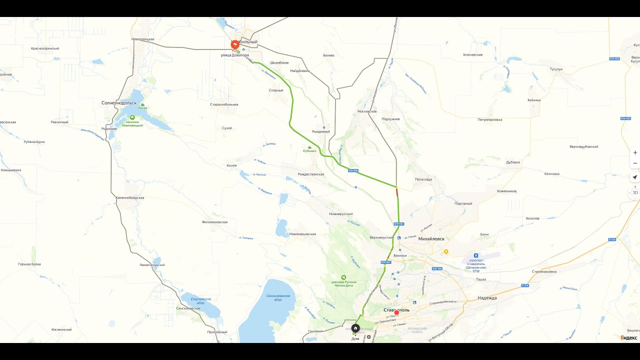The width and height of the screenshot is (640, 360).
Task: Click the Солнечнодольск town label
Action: (118, 103)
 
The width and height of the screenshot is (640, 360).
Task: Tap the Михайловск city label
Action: (431, 239)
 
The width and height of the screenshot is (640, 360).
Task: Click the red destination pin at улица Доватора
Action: (234, 44)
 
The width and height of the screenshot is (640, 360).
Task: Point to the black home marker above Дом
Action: (355, 328)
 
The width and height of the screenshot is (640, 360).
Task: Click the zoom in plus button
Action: (635, 152)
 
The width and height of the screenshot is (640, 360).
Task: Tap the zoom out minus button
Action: (635, 163)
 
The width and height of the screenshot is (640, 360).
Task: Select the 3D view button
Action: (635, 192)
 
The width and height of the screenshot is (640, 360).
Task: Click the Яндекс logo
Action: (628, 337)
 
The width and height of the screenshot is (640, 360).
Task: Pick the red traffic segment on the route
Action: (397, 191)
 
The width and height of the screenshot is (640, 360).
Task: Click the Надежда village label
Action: (486, 298)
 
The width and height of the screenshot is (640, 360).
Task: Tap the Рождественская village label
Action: (310, 174)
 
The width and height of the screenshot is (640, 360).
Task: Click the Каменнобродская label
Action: (130, 198)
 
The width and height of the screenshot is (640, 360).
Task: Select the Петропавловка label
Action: (490, 120)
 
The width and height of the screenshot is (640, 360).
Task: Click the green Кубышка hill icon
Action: (309, 147)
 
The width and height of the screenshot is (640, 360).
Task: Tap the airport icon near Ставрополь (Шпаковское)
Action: (476, 255)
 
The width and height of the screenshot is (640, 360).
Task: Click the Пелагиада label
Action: (423, 179)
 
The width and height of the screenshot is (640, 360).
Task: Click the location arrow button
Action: (635, 177)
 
